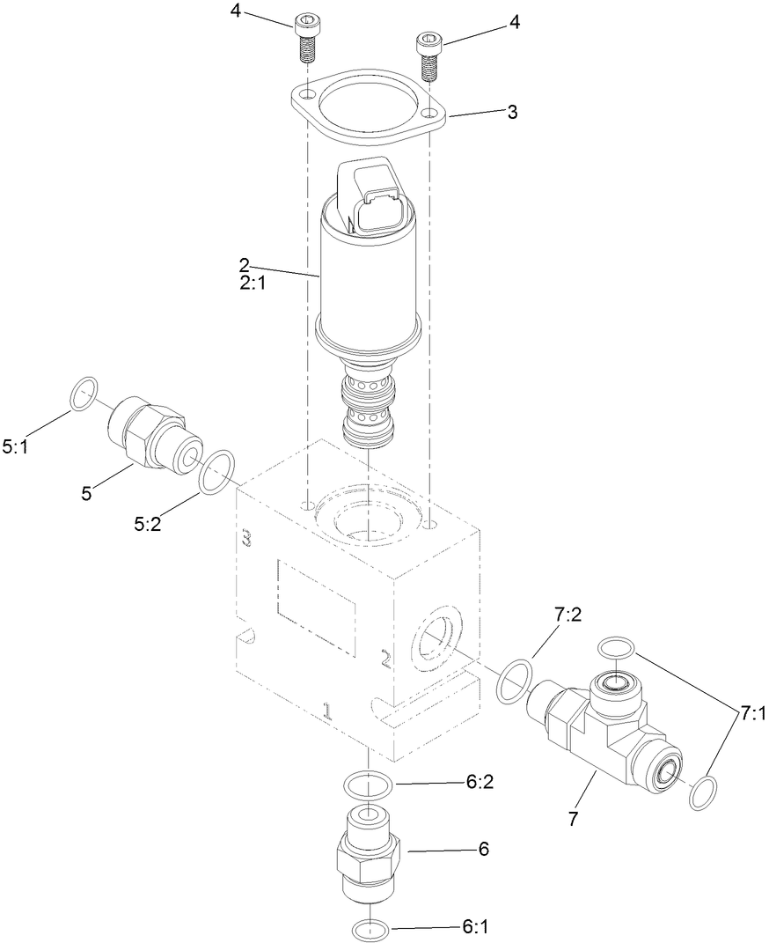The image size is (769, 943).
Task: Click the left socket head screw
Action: (x=305, y=40)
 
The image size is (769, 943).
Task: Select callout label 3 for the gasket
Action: (x=512, y=113)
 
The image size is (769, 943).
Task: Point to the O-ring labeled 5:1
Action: (x=84, y=393)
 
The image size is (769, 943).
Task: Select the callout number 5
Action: (x=86, y=493)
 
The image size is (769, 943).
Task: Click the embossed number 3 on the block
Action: (x=247, y=538)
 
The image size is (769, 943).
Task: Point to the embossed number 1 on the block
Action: (x=326, y=711)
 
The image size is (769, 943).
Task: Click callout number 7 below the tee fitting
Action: (x=573, y=819)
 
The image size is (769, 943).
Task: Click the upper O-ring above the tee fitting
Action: (x=616, y=649)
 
